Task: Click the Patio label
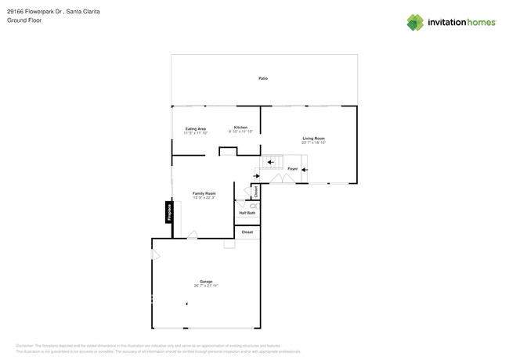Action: click(x=263, y=78)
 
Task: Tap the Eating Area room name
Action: click(x=196, y=129)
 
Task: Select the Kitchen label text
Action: click(x=240, y=128)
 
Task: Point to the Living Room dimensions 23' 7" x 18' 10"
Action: click(x=313, y=142)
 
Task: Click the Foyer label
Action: click(x=292, y=169)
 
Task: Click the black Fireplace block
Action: click(x=168, y=212)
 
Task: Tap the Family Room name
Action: click(x=204, y=193)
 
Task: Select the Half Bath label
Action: click(x=247, y=213)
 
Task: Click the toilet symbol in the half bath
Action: click(x=253, y=205)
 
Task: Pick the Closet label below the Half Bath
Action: click(x=247, y=232)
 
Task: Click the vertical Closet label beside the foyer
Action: click(x=255, y=191)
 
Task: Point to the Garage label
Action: click(x=206, y=282)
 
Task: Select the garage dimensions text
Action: click(x=206, y=286)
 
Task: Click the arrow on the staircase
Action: click(x=270, y=163)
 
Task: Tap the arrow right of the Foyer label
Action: click(x=305, y=169)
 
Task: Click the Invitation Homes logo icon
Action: click(x=415, y=23)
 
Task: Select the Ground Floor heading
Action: click(x=24, y=20)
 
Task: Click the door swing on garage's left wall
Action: click(x=155, y=254)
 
